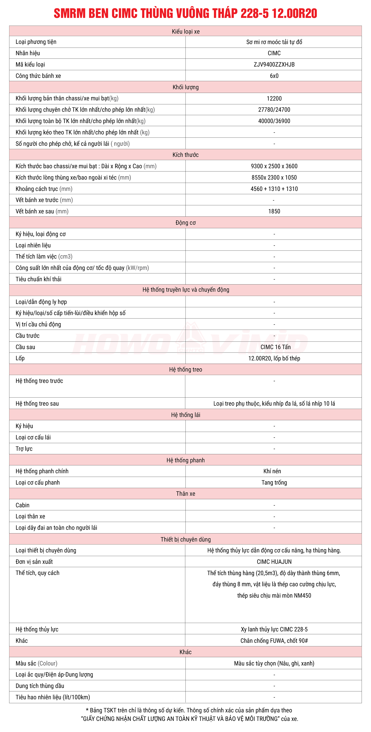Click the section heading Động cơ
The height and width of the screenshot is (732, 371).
coord(185,223)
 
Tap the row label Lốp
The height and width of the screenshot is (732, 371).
coord(20,358)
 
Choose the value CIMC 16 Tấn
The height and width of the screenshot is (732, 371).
coord(275,347)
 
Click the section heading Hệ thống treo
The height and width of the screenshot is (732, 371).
coord(185,370)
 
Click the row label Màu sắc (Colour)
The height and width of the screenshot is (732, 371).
coord(36,663)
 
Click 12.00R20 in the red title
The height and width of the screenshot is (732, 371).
coord(294,13)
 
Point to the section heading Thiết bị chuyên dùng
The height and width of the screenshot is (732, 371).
coord(185,539)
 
